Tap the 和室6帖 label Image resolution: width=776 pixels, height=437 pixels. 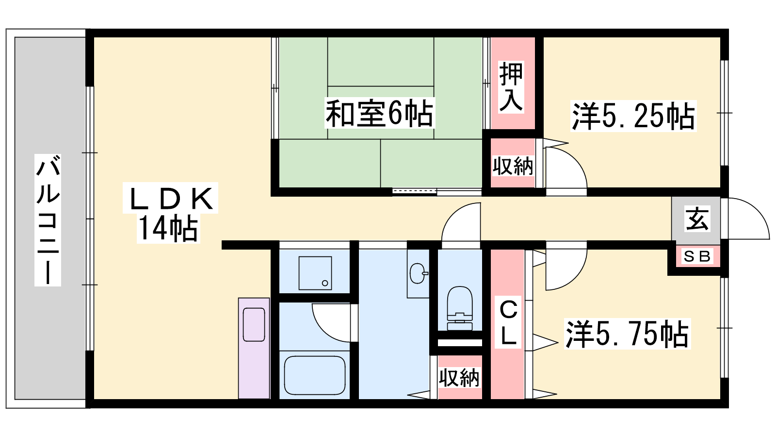point(379,113)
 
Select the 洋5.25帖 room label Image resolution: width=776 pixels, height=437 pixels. point(633,116)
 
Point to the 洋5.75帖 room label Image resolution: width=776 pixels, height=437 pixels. point(627,333)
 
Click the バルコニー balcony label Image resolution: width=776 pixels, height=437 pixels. point(48,220)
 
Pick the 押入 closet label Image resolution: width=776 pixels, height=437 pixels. point(511,87)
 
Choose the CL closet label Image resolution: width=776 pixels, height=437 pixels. point(509,323)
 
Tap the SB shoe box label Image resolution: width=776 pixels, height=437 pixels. point(697,256)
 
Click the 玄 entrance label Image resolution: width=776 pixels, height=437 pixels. point(697,218)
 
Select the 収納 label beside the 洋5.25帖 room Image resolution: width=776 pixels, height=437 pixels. point(513,166)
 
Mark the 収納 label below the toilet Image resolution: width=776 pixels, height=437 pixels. point(459,378)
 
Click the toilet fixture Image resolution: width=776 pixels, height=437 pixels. point(460,308)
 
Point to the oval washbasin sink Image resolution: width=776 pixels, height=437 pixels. point(418,273)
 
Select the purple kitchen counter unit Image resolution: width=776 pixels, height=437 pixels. point(254,348)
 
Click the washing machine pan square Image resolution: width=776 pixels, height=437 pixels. point(315,273)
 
